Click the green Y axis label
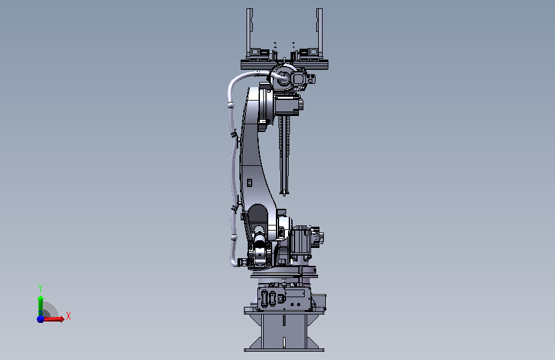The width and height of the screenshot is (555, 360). [x=40, y=288]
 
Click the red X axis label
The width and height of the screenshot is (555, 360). [x=68, y=316]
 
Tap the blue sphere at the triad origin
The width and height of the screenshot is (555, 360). [x=40, y=319]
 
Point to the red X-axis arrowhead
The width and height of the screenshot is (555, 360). [x=61, y=319]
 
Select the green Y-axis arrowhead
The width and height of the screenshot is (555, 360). [x=41, y=299]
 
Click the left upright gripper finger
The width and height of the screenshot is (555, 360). [x=249, y=33]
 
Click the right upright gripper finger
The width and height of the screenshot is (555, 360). [x=319, y=33]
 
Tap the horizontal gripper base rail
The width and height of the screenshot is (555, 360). [x=284, y=65]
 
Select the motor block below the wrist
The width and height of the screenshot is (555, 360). [x=287, y=105]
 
